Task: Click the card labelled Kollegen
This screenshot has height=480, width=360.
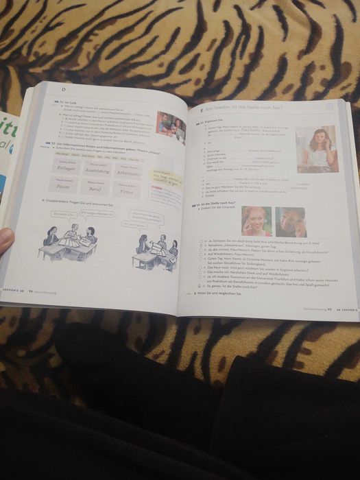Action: click(x=67, y=167)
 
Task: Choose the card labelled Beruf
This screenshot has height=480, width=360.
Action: click(x=93, y=187)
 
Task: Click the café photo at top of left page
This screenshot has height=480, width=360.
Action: click(x=170, y=126)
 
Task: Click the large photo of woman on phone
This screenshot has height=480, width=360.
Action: click(x=316, y=148)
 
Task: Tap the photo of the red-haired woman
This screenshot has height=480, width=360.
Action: click(x=256, y=221)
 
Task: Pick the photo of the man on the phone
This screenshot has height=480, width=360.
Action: click(x=291, y=222)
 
